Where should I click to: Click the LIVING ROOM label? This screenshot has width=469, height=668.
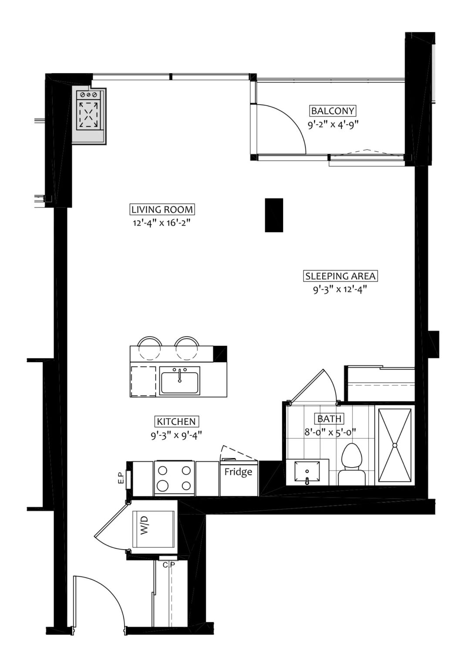162,210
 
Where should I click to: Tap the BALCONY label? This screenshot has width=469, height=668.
333,110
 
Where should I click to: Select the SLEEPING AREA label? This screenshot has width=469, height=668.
340,276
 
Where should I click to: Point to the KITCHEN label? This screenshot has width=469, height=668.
177,421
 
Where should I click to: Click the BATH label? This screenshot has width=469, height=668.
330,419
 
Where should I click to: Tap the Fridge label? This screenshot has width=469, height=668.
238,472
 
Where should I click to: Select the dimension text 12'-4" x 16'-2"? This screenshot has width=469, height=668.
162,223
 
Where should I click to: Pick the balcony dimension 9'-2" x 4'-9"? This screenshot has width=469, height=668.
333,124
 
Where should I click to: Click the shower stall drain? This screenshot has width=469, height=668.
395,445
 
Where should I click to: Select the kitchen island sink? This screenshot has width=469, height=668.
180,381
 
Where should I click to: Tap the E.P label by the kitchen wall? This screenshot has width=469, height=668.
121,480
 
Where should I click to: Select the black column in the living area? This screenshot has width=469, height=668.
274,215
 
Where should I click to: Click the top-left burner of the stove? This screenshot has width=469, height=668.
162,470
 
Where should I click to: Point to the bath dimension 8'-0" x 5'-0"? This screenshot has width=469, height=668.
330,432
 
